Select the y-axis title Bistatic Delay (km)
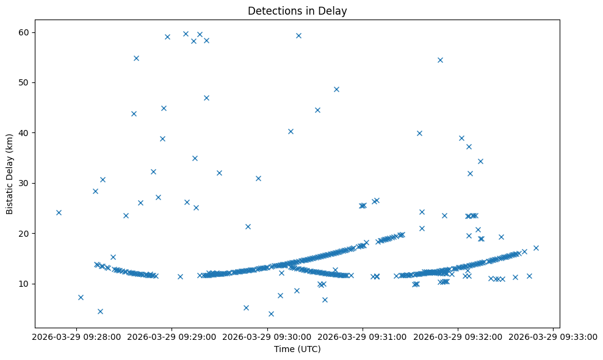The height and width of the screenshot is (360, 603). click(x=10, y=174)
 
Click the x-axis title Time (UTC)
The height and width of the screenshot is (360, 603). click(x=297, y=350)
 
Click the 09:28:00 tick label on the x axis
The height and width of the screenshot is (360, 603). click(x=76, y=336)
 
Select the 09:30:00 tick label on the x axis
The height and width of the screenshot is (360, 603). click(x=267, y=336)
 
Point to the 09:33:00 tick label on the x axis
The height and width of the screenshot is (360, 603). click(x=554, y=336)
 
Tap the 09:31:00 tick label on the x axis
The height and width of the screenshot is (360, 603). click(x=363, y=336)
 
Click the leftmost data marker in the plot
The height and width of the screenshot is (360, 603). click(x=59, y=212)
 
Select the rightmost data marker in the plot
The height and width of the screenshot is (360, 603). click(x=536, y=248)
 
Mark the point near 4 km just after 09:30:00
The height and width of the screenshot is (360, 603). click(x=271, y=314)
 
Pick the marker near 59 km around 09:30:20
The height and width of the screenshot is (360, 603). click(x=298, y=35)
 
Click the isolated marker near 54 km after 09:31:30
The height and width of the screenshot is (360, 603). click(x=440, y=60)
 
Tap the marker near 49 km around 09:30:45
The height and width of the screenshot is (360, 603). click(x=336, y=89)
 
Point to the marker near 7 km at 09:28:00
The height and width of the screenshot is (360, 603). click(x=81, y=297)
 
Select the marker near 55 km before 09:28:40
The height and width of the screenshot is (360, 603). click(x=136, y=58)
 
